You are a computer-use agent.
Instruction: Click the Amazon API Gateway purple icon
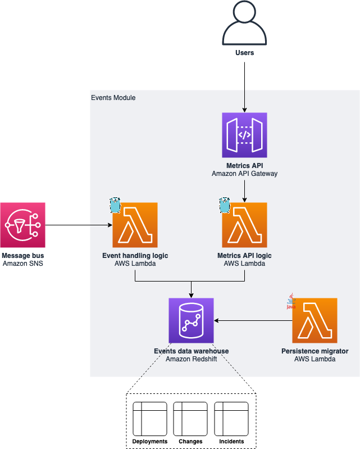pos(244,135)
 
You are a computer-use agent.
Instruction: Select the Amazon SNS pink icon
pos(23,225)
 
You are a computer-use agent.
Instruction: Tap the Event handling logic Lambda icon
pos(135,225)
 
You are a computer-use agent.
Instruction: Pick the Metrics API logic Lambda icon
pos(244,225)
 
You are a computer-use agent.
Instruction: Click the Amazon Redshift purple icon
pos(191,320)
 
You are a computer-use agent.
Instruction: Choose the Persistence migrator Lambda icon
pos(315,320)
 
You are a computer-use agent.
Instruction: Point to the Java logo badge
pos(291,301)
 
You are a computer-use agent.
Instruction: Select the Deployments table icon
pos(149,418)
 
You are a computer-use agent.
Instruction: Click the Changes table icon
pos(190,418)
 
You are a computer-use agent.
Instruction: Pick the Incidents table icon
pos(231,418)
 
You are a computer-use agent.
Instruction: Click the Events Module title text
pos(113,98)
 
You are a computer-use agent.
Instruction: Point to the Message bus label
pos(23,256)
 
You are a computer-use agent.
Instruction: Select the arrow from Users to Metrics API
pos(244,84)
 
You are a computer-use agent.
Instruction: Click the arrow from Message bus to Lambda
pos(79,225)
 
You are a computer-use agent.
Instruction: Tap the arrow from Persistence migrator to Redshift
pos(253,320)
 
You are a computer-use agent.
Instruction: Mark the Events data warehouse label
pos(191,351)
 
